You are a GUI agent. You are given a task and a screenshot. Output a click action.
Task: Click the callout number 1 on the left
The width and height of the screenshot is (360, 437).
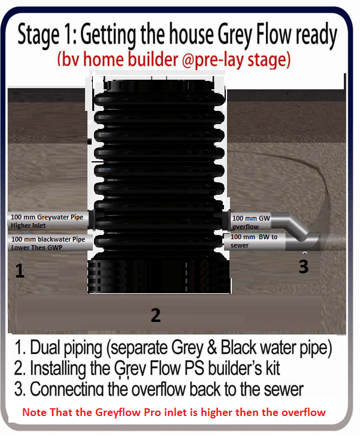click(20, 272)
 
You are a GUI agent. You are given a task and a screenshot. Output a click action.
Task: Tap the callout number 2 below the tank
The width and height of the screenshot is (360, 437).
click(156, 315)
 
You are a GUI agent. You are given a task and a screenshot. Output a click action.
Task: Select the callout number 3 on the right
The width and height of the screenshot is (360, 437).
click(304, 267)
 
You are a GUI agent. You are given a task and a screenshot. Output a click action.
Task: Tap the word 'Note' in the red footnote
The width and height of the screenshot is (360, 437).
click(34, 412)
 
